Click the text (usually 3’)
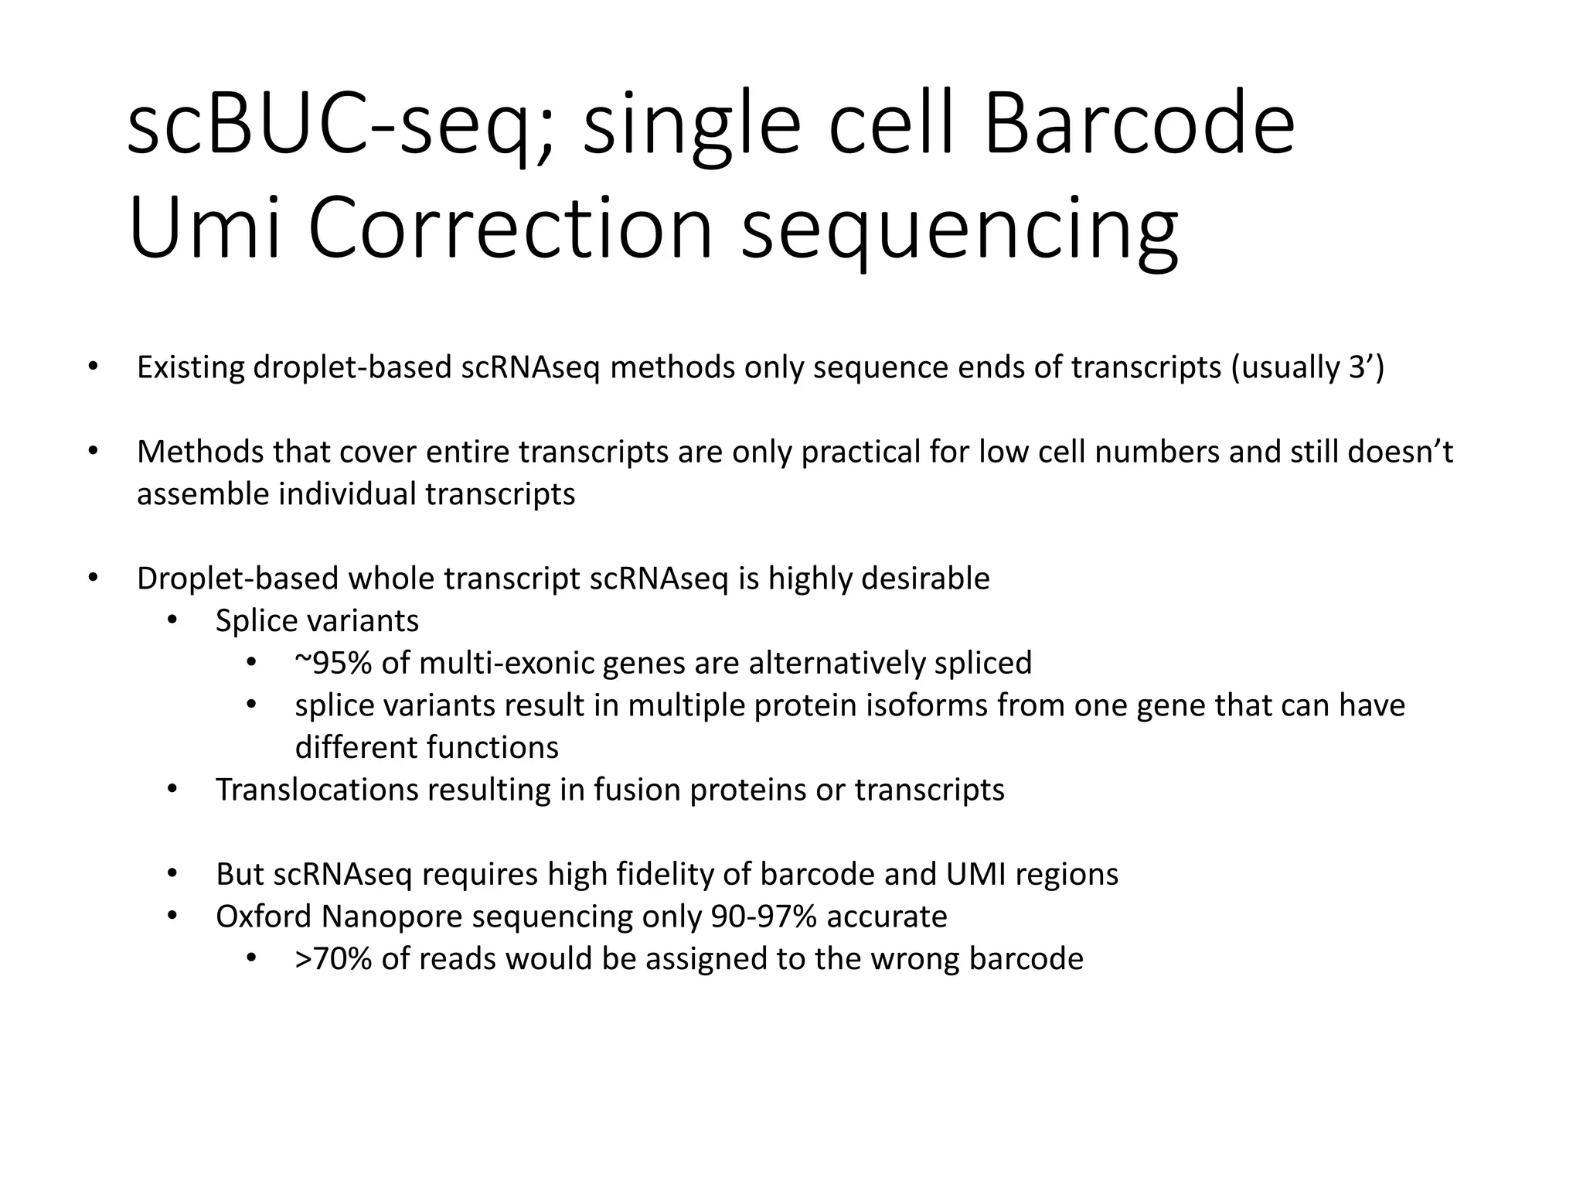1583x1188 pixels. (1307, 367)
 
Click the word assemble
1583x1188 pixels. (203, 494)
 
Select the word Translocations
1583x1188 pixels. (316, 790)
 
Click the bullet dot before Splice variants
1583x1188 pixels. (172, 621)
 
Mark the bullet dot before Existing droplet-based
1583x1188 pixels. (93, 367)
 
